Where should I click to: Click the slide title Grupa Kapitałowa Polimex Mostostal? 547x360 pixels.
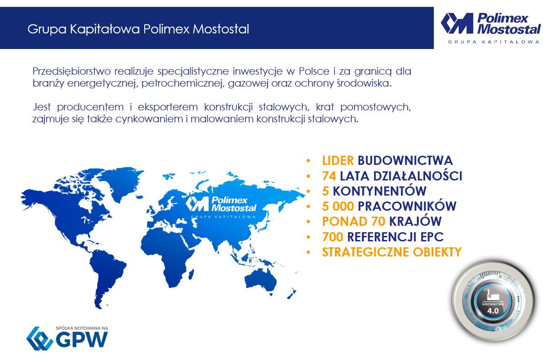click(x=138, y=29)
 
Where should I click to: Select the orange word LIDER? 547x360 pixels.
click(x=338, y=160)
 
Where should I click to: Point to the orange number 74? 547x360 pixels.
click(x=329, y=176)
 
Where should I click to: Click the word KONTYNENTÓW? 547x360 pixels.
click(x=379, y=191)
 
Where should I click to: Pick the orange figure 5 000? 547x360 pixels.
click(x=338, y=206)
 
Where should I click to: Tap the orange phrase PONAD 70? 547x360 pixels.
click(x=353, y=222)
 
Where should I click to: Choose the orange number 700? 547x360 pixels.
click(x=333, y=237)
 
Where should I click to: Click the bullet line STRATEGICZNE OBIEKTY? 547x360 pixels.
click(x=392, y=252)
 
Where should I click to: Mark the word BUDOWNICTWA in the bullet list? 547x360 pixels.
click(x=405, y=160)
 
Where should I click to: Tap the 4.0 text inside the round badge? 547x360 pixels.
click(x=492, y=311)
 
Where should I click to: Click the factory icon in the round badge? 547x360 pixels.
click(x=492, y=295)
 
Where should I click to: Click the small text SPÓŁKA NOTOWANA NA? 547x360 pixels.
click(x=82, y=328)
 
